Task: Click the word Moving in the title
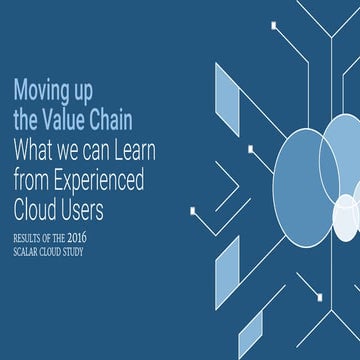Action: click(38, 89)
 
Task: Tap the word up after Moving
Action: click(81, 90)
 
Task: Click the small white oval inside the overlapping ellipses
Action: click(346, 218)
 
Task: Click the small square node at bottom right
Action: click(318, 296)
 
